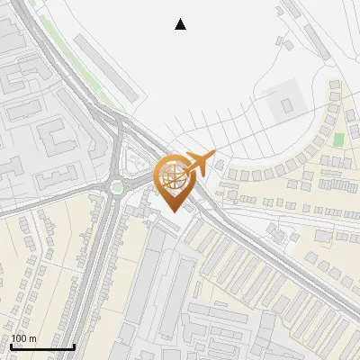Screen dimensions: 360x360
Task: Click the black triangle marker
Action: click(x=181, y=24)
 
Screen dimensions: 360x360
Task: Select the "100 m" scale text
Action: click(x=23, y=338)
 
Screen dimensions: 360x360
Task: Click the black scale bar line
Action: click(x=42, y=346)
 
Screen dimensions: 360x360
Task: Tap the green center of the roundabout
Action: click(x=116, y=187)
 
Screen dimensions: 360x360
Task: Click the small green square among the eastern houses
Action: click(x=338, y=139)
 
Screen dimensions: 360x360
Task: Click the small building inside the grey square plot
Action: click(x=287, y=105)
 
